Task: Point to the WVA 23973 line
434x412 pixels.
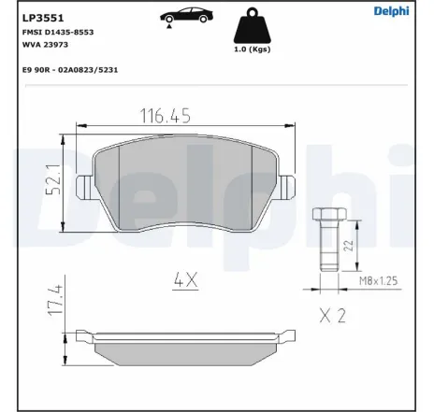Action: [x=40, y=44]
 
